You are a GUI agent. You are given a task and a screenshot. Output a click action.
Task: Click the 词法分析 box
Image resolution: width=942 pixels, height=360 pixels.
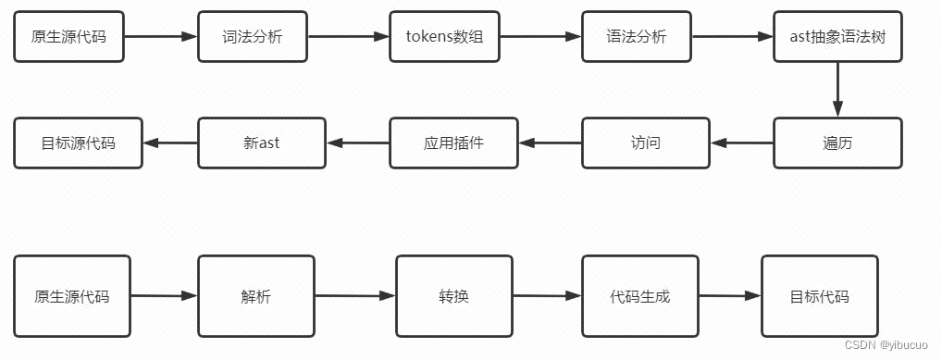[x=253, y=37]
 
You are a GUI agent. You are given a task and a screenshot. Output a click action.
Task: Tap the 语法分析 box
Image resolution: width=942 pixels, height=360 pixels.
[x=637, y=37]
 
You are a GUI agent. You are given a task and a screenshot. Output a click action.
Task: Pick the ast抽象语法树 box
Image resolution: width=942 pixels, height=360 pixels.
[x=837, y=37]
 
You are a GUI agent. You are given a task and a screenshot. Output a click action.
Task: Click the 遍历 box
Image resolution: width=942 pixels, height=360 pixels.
[x=837, y=143]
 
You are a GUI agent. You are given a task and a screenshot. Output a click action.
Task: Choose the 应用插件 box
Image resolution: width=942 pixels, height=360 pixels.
[x=453, y=143]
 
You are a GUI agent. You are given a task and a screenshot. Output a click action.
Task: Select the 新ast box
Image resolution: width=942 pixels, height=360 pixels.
[x=262, y=143]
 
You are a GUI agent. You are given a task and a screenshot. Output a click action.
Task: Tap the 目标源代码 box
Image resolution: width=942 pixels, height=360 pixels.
[x=79, y=143]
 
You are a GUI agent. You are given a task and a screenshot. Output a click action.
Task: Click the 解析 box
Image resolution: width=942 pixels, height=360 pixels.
[x=256, y=297]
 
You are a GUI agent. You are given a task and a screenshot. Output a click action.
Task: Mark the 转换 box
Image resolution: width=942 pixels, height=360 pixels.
[x=453, y=297]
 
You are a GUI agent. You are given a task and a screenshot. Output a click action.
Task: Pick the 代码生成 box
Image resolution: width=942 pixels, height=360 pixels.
[x=639, y=297]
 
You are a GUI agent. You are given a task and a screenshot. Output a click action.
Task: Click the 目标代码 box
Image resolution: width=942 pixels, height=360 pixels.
[x=819, y=297]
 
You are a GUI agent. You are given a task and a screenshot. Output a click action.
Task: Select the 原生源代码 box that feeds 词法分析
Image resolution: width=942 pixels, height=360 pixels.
[x=69, y=37]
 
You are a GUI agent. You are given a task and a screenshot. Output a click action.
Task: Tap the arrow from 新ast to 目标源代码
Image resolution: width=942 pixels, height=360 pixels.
[x=170, y=143]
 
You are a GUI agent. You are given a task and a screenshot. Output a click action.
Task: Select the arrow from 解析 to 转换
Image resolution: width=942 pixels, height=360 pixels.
[x=355, y=297]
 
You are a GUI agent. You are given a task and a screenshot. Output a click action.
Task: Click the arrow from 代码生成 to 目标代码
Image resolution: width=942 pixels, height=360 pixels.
[x=729, y=297]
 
